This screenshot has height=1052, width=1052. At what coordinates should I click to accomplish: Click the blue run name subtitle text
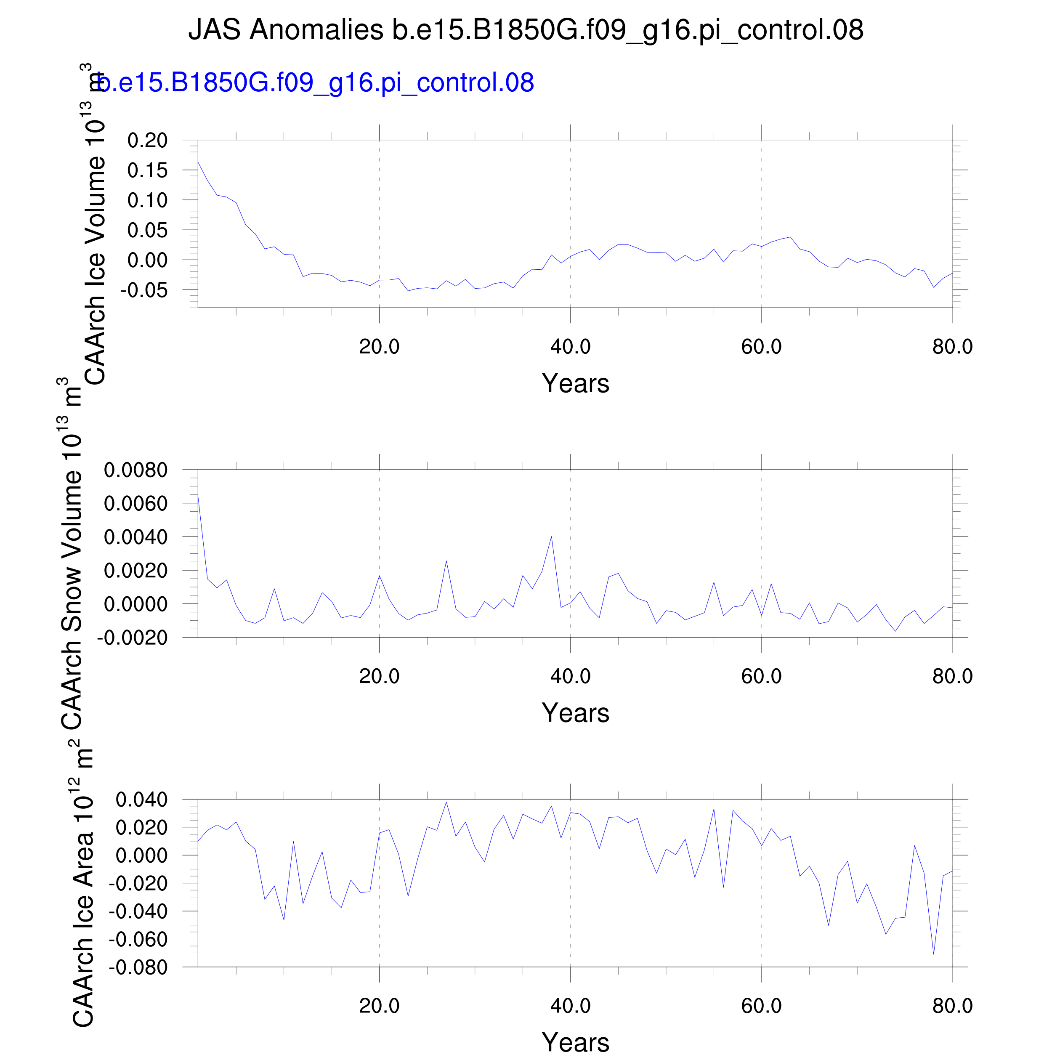[x=316, y=83]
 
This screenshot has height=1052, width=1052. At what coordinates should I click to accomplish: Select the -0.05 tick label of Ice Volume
[x=144, y=290]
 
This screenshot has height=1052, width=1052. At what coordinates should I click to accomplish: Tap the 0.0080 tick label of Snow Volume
[x=135, y=470]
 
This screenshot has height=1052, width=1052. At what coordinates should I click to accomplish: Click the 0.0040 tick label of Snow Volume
[x=135, y=537]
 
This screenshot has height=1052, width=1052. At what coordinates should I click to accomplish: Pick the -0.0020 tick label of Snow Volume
[x=132, y=638]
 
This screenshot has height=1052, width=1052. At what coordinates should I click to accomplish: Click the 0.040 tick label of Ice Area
[x=141, y=800]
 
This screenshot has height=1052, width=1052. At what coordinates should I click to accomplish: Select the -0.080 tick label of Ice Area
[x=138, y=967]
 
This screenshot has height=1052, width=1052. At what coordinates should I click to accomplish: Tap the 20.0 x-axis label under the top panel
[x=379, y=347]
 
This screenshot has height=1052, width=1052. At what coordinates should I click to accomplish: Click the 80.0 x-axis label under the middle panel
[x=952, y=676]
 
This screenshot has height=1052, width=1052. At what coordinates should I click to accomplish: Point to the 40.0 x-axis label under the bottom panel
[x=570, y=1006]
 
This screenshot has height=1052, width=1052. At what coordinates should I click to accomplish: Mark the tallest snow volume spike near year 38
[x=551, y=537]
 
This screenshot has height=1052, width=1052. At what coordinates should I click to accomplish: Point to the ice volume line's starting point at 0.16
[x=198, y=162]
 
